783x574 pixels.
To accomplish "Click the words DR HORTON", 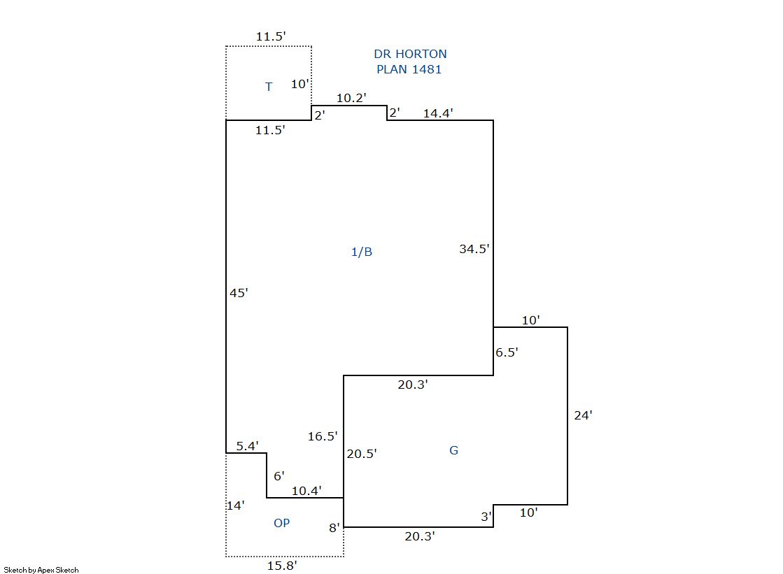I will click(x=410, y=54).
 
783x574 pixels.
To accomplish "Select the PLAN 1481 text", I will click(x=409, y=69).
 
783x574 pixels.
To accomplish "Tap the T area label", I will click(x=269, y=87).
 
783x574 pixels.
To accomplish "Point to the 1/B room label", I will click(x=361, y=252).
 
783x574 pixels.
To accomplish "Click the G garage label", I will click(x=453, y=450).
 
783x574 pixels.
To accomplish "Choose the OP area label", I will click(x=281, y=523).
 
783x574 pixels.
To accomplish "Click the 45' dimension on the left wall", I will click(x=239, y=293).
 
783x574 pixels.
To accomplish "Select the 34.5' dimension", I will click(x=474, y=248).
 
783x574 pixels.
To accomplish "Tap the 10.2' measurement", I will click(x=351, y=99).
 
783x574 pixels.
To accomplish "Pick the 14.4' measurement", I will click(x=438, y=113).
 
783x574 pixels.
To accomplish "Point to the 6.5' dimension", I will click(x=507, y=352).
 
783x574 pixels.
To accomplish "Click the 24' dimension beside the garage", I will click(x=583, y=415).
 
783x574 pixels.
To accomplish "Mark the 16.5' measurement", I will click(x=323, y=436).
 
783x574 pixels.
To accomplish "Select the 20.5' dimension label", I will click(x=362, y=453).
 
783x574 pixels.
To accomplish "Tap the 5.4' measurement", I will click(x=247, y=445).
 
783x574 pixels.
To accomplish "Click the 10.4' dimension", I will click(x=306, y=491).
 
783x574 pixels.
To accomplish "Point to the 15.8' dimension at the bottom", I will click(x=282, y=566).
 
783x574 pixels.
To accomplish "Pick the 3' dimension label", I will click(x=486, y=517).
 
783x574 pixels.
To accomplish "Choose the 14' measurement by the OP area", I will click(x=234, y=505).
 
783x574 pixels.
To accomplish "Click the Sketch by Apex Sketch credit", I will click(x=41, y=570).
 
